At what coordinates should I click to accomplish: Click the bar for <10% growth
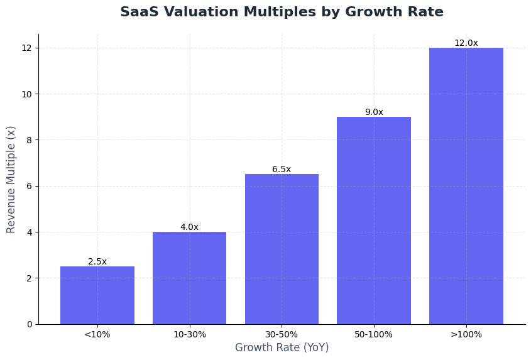coord(97,295)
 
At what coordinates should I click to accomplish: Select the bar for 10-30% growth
coord(189,278)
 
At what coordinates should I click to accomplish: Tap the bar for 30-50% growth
coord(282,249)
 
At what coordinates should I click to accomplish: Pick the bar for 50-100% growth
coord(374,220)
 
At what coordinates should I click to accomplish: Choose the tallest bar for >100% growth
coord(466,186)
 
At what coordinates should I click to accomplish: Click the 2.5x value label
coord(97,261)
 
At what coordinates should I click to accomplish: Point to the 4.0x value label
coord(189,227)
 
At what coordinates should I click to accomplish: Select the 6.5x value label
coord(282,169)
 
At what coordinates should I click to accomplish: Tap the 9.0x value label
coord(374,112)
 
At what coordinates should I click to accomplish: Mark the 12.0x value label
coord(466,43)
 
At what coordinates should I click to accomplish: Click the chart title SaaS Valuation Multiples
coord(282,12)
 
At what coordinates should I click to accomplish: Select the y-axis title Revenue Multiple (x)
coord(11,179)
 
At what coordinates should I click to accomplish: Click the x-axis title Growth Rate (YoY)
coord(282,347)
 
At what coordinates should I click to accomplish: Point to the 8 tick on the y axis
coord(29,140)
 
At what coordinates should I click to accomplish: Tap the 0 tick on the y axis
coord(29,324)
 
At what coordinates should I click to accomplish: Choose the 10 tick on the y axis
coord(26,94)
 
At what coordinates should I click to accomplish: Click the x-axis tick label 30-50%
coord(282,334)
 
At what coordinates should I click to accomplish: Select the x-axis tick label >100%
coord(466,334)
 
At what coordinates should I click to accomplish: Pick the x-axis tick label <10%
coord(97,334)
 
